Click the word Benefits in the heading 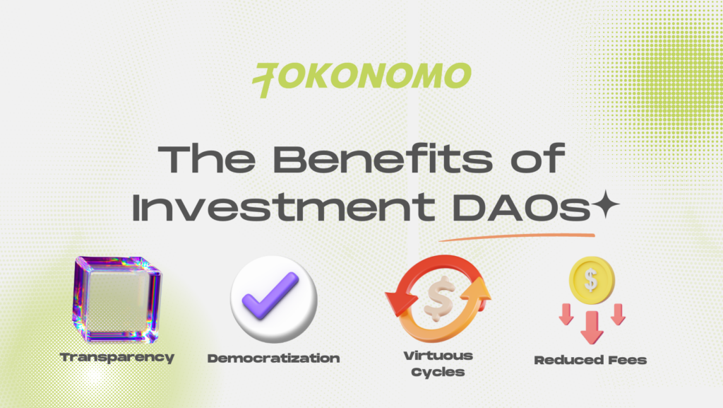(x=383, y=158)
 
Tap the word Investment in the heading (x=283, y=206)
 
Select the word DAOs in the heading (x=521, y=206)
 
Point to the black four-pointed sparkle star (x=605, y=204)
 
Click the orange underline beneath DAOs (x=517, y=237)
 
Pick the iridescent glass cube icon (x=117, y=299)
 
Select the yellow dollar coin (x=592, y=280)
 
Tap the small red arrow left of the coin (x=566, y=314)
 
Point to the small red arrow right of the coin (x=618, y=314)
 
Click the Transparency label (x=117, y=358)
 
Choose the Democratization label (x=273, y=359)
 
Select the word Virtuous (x=438, y=356)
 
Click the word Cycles (x=438, y=372)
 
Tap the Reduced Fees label (x=590, y=360)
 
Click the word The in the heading (x=207, y=158)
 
